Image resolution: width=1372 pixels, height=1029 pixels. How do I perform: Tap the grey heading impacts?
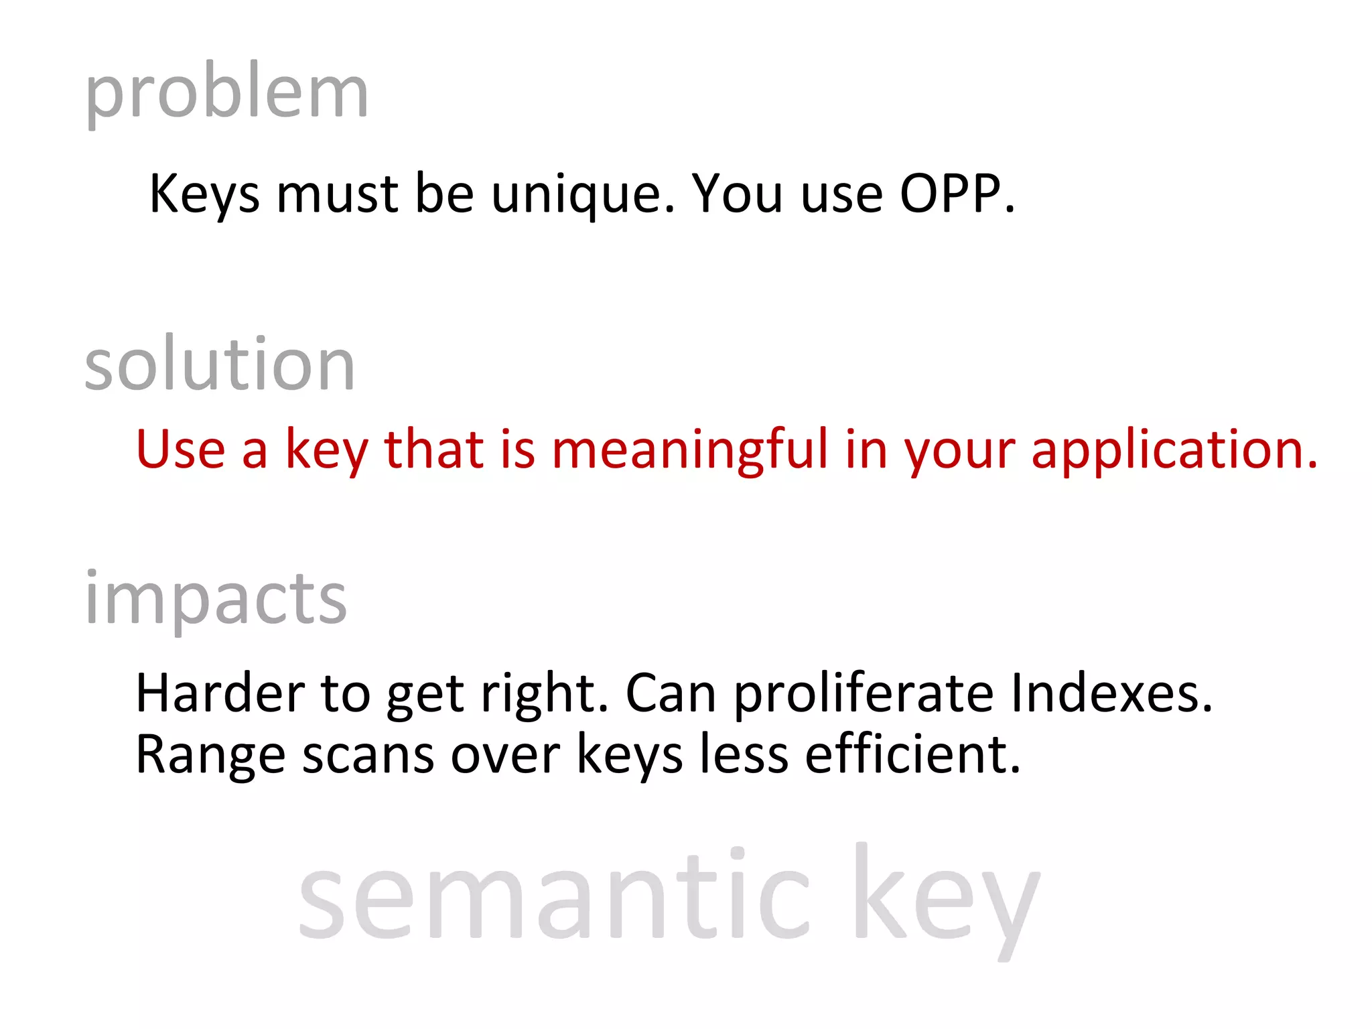216,598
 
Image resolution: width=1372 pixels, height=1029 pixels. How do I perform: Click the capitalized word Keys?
204,194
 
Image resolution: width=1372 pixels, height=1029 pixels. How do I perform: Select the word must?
338,194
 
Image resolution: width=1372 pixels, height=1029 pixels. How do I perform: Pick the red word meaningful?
690,450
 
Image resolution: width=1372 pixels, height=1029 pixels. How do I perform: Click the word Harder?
220,693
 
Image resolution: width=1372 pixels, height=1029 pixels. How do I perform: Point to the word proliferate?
864,695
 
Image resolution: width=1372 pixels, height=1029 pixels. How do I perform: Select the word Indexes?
1111,693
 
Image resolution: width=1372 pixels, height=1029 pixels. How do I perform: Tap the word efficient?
912,754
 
